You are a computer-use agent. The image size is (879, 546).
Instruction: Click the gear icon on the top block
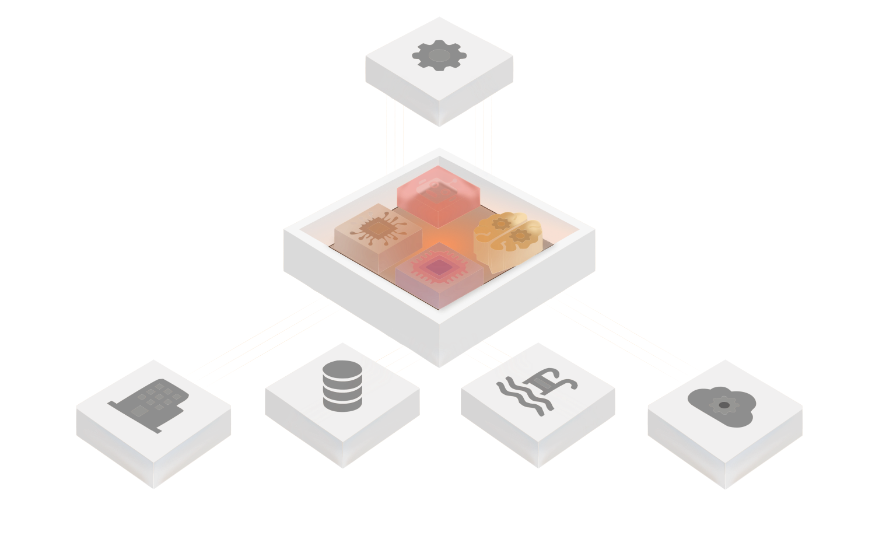click(439, 56)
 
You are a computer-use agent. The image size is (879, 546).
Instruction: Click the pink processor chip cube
click(439, 271)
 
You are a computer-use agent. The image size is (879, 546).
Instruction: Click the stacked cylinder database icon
click(342, 386)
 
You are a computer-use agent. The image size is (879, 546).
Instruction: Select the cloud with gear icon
click(722, 402)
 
